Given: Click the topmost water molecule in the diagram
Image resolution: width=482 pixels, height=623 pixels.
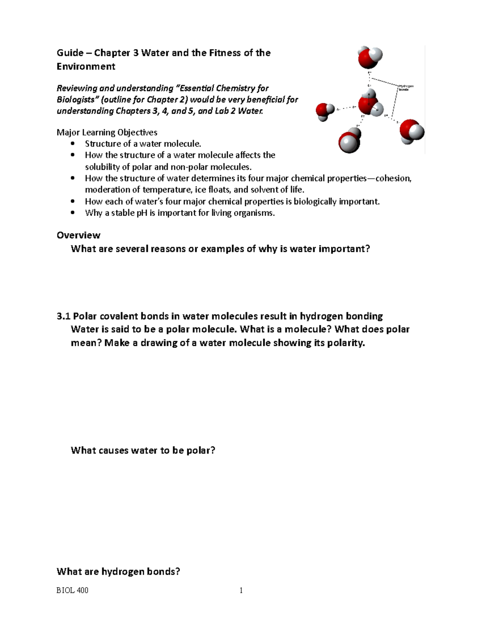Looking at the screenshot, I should click(x=370, y=57).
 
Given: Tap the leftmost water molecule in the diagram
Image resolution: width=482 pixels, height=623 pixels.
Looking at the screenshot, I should click(x=324, y=111).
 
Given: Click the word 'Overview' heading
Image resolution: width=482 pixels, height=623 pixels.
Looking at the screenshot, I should click(x=78, y=235).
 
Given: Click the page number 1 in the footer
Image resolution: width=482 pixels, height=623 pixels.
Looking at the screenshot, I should click(x=241, y=590).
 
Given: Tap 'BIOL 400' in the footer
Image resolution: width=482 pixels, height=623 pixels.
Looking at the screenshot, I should click(x=72, y=590).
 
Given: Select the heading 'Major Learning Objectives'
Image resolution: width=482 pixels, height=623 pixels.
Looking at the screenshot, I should click(x=107, y=132).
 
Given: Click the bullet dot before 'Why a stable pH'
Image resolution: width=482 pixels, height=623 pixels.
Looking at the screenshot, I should click(x=72, y=213).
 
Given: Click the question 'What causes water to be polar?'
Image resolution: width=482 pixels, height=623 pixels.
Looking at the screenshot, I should click(x=143, y=450).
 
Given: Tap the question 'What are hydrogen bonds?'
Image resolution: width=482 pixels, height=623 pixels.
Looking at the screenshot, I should click(x=118, y=571).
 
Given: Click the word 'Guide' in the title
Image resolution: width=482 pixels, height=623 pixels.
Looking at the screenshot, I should click(x=70, y=53).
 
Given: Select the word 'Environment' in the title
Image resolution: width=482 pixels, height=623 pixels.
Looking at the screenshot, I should click(x=86, y=67).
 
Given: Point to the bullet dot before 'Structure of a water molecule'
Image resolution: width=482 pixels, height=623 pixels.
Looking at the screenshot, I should click(x=72, y=144).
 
